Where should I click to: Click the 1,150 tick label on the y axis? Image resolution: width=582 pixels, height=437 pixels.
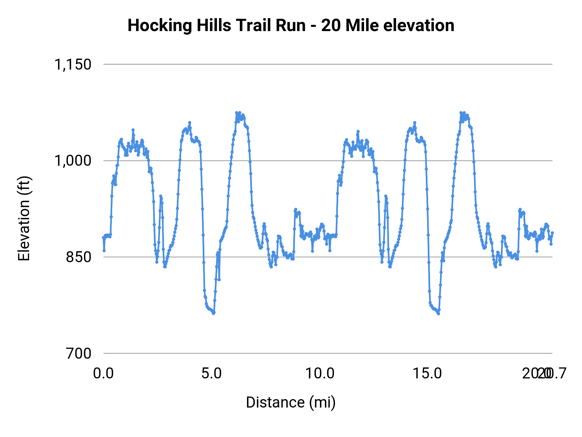pyautogui.click(x=73, y=64)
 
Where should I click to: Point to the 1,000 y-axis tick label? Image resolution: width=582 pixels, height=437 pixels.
pyautogui.click(x=73, y=161)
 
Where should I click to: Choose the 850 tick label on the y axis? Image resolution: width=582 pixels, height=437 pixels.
pyautogui.click(x=79, y=257)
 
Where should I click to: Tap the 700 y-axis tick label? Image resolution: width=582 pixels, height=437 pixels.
pyautogui.click(x=79, y=353)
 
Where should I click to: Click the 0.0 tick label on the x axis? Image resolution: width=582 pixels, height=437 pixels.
pyautogui.click(x=103, y=374)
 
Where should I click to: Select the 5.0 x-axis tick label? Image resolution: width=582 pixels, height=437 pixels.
pyautogui.click(x=211, y=374)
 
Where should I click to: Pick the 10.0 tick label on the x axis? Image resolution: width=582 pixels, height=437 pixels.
pyautogui.click(x=320, y=374)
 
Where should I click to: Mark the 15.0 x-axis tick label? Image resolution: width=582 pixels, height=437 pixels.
pyautogui.click(x=428, y=374)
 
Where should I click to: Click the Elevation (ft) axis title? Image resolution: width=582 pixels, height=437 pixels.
pyautogui.click(x=24, y=218)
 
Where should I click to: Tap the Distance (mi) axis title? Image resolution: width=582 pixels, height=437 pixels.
pyautogui.click(x=291, y=402)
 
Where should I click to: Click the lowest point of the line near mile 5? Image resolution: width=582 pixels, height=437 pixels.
pyautogui.click(x=213, y=313)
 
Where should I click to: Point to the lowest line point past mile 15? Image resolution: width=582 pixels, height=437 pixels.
pyautogui.click(x=438, y=314)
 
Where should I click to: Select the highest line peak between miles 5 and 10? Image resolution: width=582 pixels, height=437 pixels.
pyautogui.click(x=237, y=113)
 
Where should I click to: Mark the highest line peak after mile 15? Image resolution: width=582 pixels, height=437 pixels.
pyautogui.click(x=461, y=113)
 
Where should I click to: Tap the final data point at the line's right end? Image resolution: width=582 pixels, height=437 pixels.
pyautogui.click(x=552, y=233)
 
